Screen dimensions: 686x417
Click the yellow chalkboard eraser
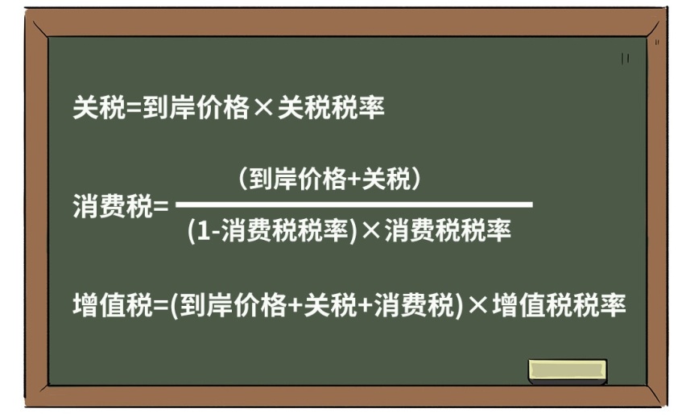point(568,371)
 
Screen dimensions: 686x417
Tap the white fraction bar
point(354,204)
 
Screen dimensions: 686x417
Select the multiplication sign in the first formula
point(263,108)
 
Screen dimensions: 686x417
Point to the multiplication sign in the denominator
point(371,230)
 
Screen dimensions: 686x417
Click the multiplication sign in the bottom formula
point(477,305)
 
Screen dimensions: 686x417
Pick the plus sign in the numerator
point(355,180)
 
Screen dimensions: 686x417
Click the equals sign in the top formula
point(134,108)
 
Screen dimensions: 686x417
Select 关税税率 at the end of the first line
point(331,108)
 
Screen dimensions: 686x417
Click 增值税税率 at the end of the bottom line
point(559,305)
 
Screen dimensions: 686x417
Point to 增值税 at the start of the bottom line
point(113,305)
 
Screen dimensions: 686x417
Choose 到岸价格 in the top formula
point(196,108)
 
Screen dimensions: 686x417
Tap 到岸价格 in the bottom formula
point(233,305)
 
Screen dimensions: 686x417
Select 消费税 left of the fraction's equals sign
point(113,206)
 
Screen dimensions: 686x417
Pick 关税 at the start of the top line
point(100,108)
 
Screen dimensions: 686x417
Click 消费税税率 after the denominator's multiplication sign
point(448,230)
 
